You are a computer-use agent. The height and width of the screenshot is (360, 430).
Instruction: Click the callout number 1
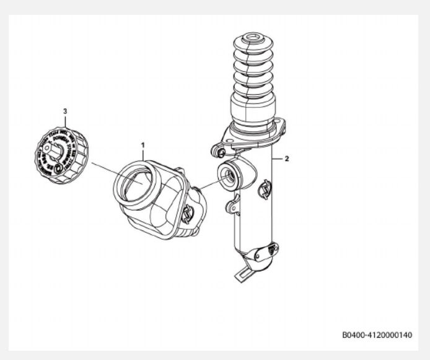[x=143, y=144]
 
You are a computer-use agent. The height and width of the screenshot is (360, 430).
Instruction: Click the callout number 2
[x=286, y=159]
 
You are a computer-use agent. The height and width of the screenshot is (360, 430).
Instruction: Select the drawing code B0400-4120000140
[x=376, y=335]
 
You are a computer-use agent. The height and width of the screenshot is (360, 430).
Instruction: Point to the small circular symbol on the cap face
[x=57, y=168]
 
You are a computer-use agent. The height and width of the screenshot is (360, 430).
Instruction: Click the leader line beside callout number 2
[x=277, y=159]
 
